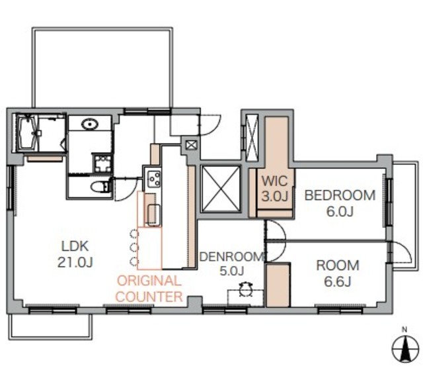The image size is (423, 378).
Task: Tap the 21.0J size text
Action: coord(75,262)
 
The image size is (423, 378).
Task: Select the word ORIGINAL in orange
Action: coord(149,281)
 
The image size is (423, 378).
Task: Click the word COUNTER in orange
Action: coord(149,297)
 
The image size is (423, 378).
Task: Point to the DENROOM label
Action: coord(232,256)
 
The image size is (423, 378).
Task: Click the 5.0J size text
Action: coord(232,271)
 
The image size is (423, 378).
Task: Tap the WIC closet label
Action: coord(275,181)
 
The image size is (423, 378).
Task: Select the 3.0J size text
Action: coord(275,197)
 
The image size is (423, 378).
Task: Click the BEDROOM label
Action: coord(340,195)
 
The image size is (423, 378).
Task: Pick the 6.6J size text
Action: coord(338,281)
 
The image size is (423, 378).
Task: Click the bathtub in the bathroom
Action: coord(27,133)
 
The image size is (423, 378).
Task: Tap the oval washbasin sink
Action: coord(90,124)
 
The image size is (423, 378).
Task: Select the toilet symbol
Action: coord(99,187)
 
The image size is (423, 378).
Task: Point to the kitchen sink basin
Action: coord(154,214)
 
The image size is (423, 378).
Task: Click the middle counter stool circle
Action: coord(134,247)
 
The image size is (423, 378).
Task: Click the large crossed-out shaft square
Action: coord(221,188)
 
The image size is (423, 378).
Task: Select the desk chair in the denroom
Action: coord(245,290)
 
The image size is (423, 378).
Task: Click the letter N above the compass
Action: coord(404,330)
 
